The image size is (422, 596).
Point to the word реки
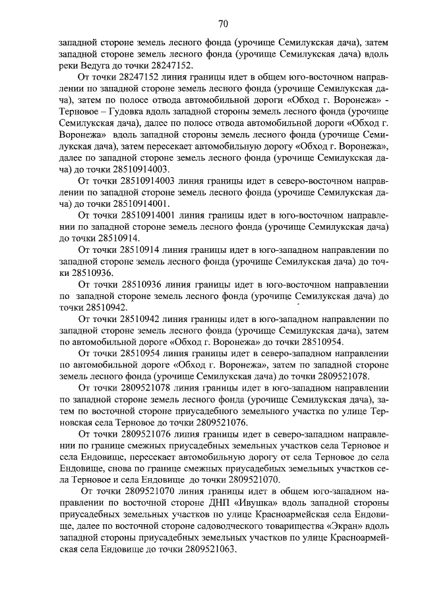(69, 65)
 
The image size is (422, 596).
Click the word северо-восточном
(294, 180)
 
